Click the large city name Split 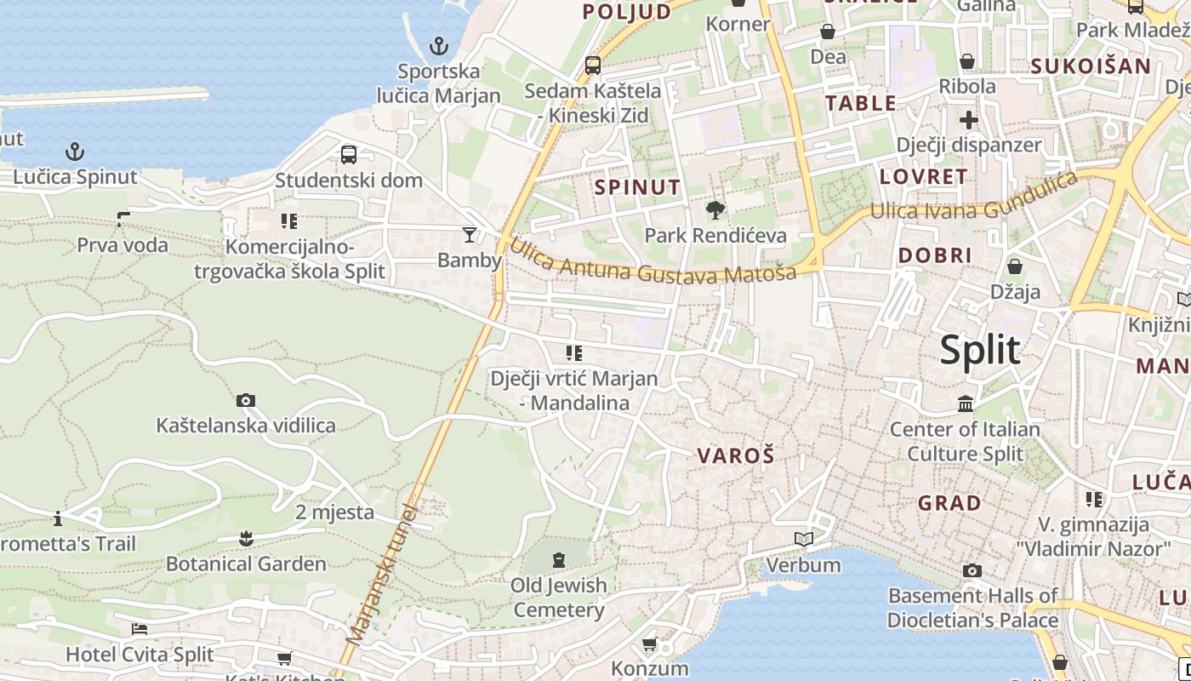tap(980, 350)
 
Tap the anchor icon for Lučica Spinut tap(76, 152)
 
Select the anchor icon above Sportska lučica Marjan tap(439, 45)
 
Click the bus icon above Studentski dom tap(349, 155)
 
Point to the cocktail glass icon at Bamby tap(469, 235)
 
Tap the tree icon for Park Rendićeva tap(715, 209)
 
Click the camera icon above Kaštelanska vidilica tap(246, 400)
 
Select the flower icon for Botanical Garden tap(246, 538)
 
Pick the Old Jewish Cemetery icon tap(558, 560)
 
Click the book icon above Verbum tap(803, 539)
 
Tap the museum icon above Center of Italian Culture tap(966, 403)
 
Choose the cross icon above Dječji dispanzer tap(968, 119)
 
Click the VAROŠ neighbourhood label tap(736, 455)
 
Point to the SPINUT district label tap(638, 187)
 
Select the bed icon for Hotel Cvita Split tap(140, 629)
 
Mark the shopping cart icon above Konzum tap(649, 644)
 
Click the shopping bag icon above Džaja tap(1014, 266)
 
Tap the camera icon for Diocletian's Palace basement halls tap(972, 570)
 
